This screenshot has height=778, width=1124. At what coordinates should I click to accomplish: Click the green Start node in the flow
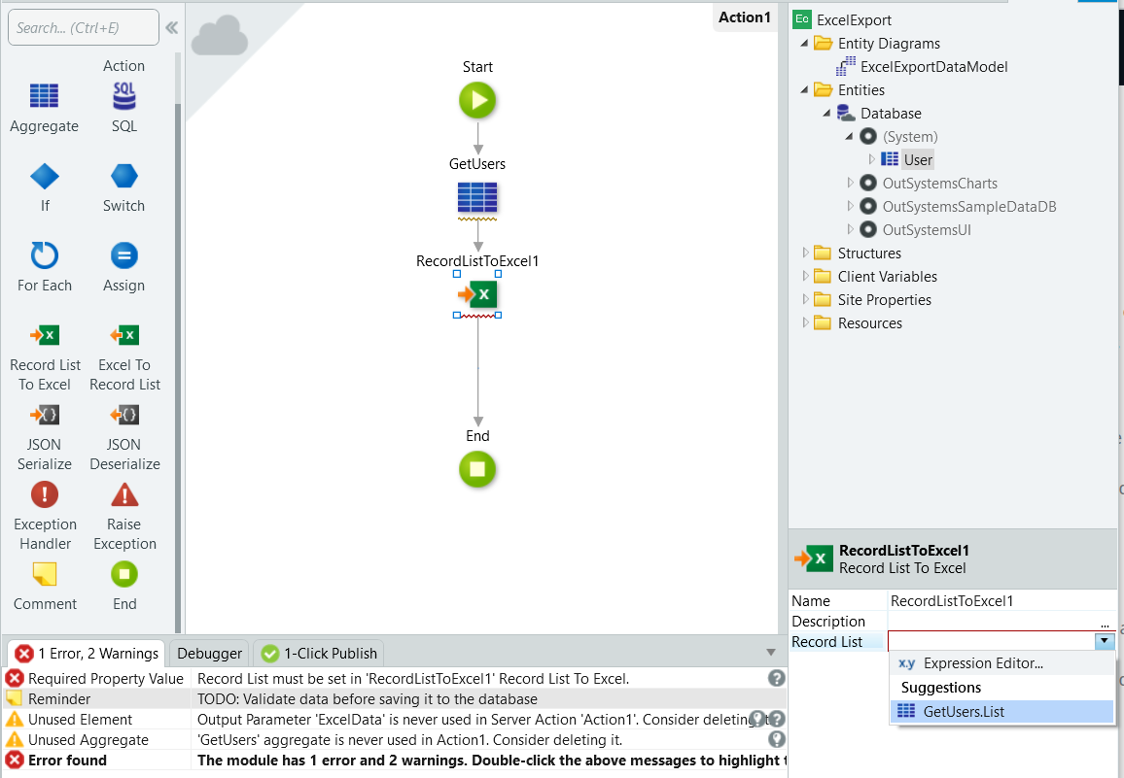point(477,100)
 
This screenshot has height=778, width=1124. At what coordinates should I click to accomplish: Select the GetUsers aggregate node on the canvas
point(477,198)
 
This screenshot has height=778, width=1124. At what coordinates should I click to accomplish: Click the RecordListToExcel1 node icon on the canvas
point(477,294)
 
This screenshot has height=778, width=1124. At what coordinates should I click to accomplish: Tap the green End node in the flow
point(477,469)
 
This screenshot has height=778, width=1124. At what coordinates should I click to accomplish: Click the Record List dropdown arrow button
point(1104,641)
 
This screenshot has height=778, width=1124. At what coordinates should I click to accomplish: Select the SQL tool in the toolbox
point(124,96)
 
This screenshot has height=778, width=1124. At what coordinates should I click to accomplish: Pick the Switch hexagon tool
point(124,176)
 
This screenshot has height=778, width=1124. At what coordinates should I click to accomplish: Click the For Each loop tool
point(45,255)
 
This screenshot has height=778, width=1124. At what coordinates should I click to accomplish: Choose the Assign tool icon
point(124,255)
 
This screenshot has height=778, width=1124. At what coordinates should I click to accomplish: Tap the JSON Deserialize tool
point(124,415)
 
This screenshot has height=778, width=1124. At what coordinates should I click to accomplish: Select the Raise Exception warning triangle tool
point(124,494)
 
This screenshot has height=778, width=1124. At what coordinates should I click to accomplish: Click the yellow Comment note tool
point(45,574)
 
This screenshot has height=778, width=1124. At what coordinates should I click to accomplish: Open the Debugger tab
point(209,654)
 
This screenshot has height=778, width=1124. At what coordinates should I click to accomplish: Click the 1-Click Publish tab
point(319,654)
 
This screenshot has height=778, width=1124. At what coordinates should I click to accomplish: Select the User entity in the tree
point(918,159)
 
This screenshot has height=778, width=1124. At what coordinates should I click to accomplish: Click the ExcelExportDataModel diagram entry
point(933,67)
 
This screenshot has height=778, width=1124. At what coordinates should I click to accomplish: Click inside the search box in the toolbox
point(84,28)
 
